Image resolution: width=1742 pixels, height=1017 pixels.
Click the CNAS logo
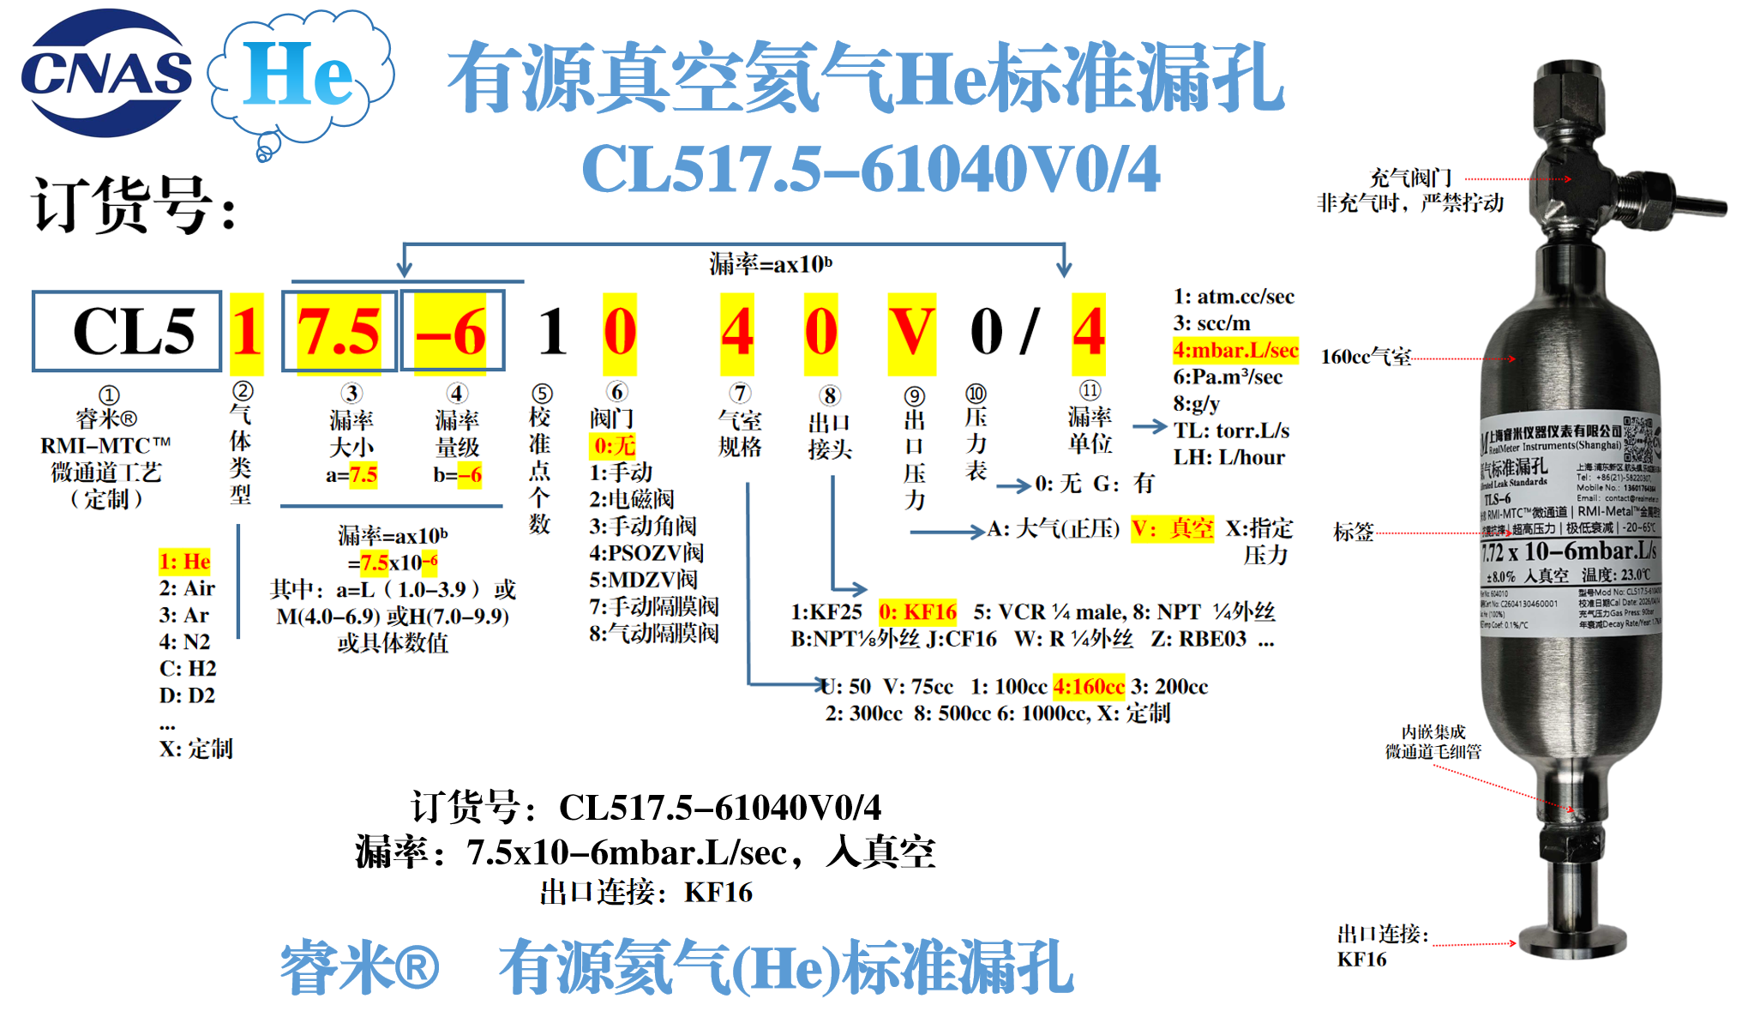[106, 73]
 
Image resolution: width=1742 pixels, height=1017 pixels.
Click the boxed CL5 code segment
[127, 331]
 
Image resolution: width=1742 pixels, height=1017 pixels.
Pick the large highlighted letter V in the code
[911, 333]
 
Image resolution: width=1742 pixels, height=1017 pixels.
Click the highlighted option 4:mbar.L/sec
[1235, 350]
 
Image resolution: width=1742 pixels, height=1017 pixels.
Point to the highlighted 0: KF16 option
[917, 611]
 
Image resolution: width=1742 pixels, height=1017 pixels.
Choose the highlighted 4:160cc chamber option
[1089, 686]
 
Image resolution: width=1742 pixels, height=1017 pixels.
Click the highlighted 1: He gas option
[184, 561]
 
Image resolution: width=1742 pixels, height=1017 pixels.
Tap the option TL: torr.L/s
[1231, 430]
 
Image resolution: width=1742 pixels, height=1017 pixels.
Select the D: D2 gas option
[187, 695]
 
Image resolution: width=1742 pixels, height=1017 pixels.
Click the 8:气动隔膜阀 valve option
[653, 633]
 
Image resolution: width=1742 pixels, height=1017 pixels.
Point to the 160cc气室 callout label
[1366, 357]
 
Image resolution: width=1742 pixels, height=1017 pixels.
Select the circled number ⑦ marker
[740, 394]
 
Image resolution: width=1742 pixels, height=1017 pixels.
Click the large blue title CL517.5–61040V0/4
[870, 169]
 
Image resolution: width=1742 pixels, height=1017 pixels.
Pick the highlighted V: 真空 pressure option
[1172, 528]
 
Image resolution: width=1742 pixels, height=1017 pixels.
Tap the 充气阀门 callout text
[1410, 178]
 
